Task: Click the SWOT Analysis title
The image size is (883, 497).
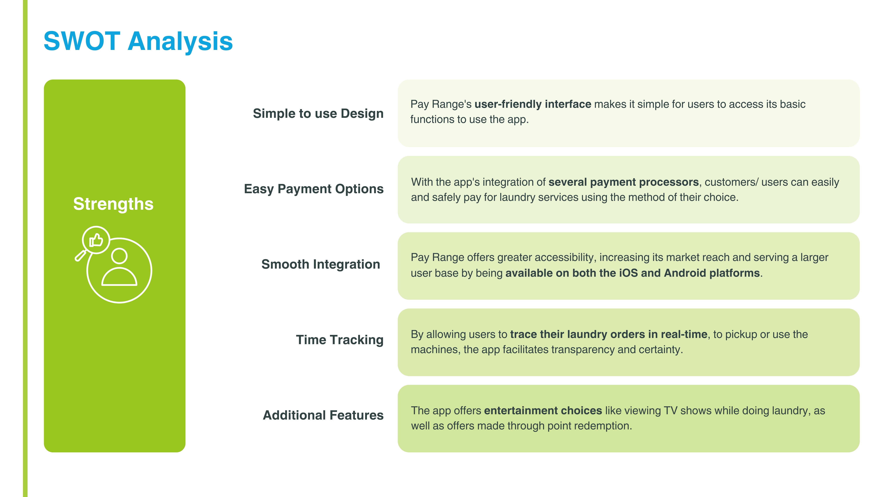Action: click(x=138, y=41)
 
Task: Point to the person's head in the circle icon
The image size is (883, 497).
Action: click(x=119, y=256)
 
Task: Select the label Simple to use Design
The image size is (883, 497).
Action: click(x=318, y=114)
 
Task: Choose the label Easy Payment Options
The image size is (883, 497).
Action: click(x=314, y=189)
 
